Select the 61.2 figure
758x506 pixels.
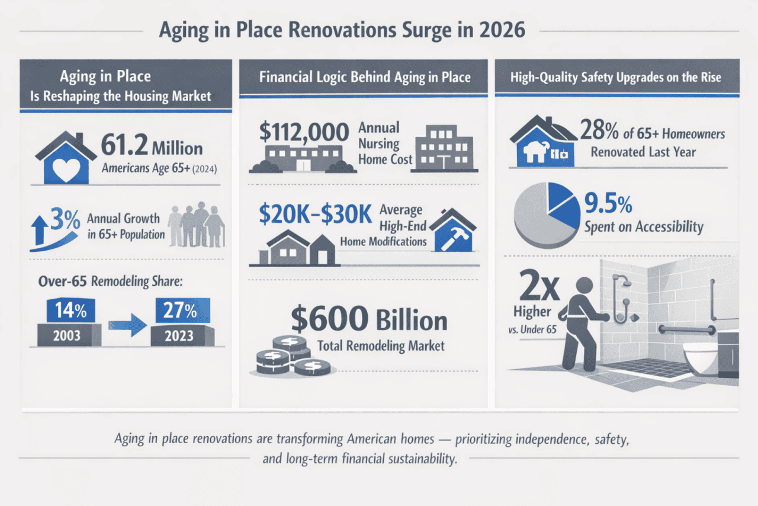click(x=122, y=147)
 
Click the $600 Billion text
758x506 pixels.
click(x=369, y=321)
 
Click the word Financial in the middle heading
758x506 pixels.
click(x=285, y=76)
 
